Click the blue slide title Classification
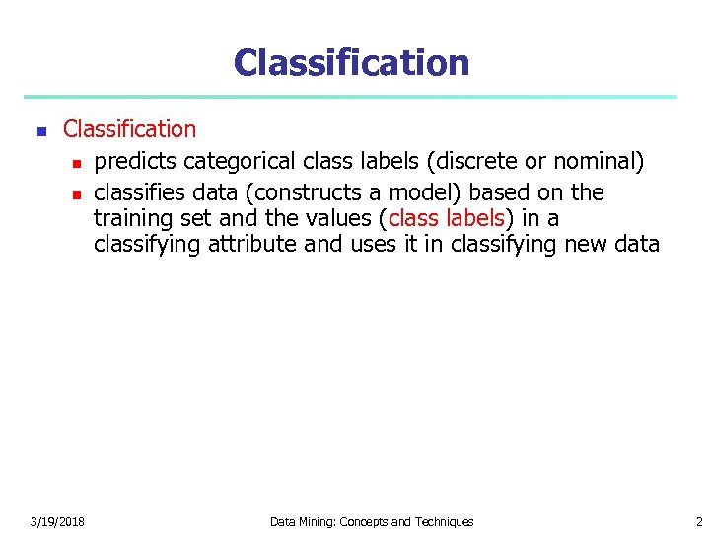click(x=351, y=62)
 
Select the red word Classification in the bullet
click(x=129, y=129)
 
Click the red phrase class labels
click(x=447, y=218)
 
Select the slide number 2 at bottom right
click(x=698, y=521)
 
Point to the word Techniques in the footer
click(x=443, y=521)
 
